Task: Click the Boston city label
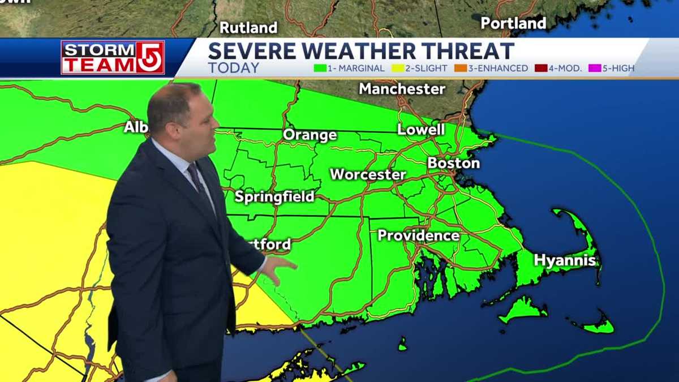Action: (x=454, y=163)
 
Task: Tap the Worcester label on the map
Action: (x=368, y=174)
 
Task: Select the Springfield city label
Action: (x=274, y=197)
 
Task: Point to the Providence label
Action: (x=418, y=235)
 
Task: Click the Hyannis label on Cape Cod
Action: (x=565, y=260)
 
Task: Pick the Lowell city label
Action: (x=421, y=130)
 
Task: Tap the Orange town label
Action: (x=310, y=135)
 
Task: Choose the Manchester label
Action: (x=402, y=89)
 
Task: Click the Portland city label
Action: (x=513, y=23)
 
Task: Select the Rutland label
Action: (x=248, y=27)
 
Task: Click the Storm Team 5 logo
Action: (x=113, y=57)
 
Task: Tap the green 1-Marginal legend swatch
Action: (x=319, y=68)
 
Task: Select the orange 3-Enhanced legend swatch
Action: (x=462, y=68)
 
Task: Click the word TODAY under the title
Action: (x=233, y=68)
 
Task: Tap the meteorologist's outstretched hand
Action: (x=281, y=270)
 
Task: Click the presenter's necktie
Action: (x=198, y=181)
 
